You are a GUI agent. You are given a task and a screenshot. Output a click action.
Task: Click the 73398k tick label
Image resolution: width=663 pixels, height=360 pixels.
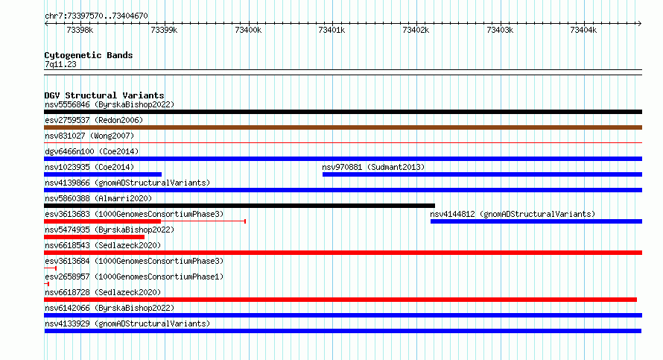pyautogui.click(x=80, y=30)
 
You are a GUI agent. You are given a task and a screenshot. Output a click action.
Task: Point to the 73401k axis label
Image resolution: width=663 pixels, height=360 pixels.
pyautogui.click(x=332, y=30)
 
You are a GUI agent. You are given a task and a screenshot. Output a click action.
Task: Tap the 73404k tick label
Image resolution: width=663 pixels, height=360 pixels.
pyautogui.click(x=583, y=30)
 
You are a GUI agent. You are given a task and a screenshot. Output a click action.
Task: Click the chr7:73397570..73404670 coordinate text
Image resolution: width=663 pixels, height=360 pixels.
pyautogui.click(x=96, y=16)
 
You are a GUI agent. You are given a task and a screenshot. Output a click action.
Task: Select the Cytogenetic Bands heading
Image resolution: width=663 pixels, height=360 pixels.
pyautogui.click(x=89, y=55)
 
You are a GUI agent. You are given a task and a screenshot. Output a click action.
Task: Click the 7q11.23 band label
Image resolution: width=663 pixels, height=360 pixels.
pyautogui.click(x=60, y=64)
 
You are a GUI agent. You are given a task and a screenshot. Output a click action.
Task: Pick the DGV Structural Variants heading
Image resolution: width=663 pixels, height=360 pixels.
pyautogui.click(x=104, y=95)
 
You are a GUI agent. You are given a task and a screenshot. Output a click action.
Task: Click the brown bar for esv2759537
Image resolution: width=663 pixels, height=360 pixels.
pyautogui.click(x=343, y=127)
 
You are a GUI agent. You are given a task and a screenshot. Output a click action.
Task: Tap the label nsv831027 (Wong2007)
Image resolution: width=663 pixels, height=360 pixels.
pyautogui.click(x=89, y=136)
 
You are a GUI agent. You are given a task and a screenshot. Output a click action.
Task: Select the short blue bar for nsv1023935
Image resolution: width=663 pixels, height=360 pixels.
pyautogui.click(x=103, y=174)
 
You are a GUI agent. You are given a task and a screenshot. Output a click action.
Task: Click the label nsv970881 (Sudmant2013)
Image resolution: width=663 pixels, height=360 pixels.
pyautogui.click(x=373, y=167)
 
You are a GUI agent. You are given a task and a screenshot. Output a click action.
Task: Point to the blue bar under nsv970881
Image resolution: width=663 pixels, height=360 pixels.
pyautogui.click(x=482, y=174)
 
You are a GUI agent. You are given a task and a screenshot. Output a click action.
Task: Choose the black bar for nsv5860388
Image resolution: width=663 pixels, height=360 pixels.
pyautogui.click(x=239, y=206)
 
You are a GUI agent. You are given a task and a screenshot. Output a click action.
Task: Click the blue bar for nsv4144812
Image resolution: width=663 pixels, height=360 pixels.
pyautogui.click(x=536, y=221)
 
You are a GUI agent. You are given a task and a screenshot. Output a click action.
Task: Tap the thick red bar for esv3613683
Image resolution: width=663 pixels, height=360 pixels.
pyautogui.click(x=102, y=221)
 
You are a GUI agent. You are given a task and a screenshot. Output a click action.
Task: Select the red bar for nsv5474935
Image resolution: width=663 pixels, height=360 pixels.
pyautogui.click(x=94, y=237)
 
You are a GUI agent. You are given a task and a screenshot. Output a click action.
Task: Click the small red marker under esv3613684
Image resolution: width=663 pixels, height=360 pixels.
pyautogui.click(x=51, y=268)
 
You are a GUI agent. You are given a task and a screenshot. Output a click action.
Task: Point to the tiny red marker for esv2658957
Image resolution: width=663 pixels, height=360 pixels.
pyautogui.click(x=46, y=284)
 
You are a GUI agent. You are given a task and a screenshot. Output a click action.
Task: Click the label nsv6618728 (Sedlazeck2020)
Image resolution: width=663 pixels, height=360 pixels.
pyautogui.click(x=103, y=292)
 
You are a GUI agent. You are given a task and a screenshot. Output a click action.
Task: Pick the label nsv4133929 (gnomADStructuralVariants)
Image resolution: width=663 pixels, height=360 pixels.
pyautogui.click(x=127, y=323)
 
